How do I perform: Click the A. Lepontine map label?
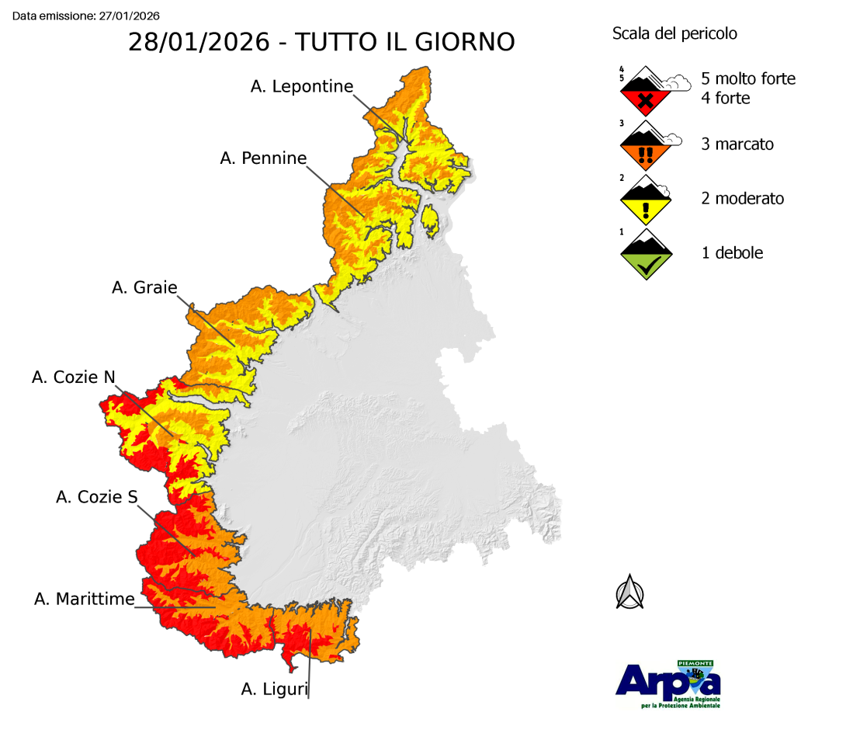coord(302,86)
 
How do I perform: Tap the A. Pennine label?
coord(263,158)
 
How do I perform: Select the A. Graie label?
coord(144,287)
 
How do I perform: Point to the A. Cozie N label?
coord(74,377)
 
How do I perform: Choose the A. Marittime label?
coord(85,599)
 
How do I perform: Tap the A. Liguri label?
coord(275,688)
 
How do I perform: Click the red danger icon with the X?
coord(646,93)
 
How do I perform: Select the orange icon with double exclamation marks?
coord(646,146)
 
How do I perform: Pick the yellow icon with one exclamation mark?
coord(646,201)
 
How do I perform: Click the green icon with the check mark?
coord(646,256)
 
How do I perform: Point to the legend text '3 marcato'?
coord(737,144)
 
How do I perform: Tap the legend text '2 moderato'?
coord(743,199)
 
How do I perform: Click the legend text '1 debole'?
coord(732,253)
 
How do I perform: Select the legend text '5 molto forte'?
coord(748,78)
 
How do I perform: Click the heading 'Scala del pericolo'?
coord(674,33)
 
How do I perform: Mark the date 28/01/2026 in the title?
coord(198,42)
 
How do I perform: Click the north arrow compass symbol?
coord(630,593)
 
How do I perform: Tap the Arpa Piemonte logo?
coord(668,683)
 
